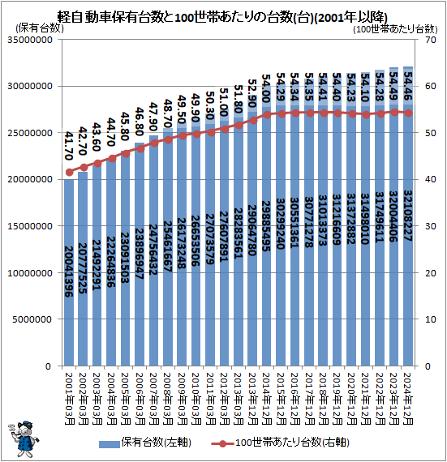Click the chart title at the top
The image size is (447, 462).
tap(223, 15)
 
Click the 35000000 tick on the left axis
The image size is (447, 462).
tap(30, 40)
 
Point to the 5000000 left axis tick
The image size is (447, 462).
tap(32, 319)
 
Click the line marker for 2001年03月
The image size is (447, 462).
tap(70, 172)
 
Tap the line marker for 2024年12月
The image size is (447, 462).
tap(408, 113)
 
